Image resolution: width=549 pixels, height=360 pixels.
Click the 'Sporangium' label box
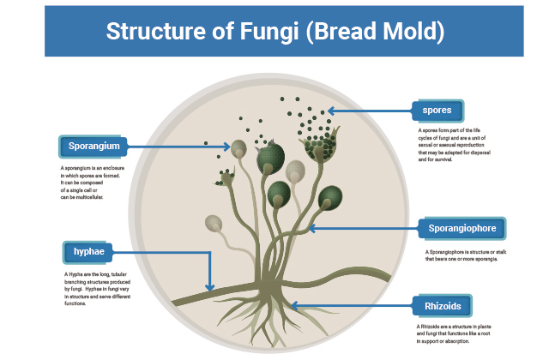pyautogui.click(x=94, y=146)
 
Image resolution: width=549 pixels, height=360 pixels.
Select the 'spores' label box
pyautogui.click(x=437, y=111)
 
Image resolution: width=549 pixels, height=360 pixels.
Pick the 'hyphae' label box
pyautogui.click(x=89, y=252)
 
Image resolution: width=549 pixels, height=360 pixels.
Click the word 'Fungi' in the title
pyautogui.click(x=256, y=32)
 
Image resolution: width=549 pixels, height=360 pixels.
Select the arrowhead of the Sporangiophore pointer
pyautogui.click(x=311, y=228)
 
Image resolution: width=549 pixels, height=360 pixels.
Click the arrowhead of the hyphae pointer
pyautogui.click(x=209, y=288)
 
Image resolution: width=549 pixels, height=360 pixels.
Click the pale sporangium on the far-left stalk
pyautogui.click(x=211, y=225)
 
